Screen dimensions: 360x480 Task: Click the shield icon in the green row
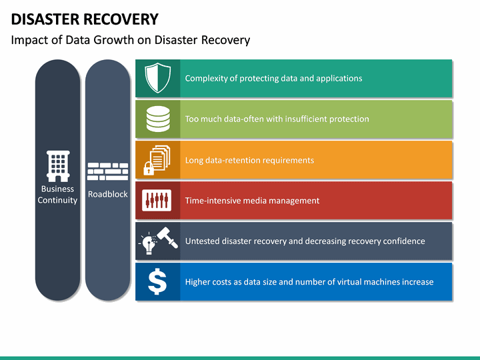[157, 79]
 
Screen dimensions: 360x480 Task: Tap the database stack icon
[157, 119]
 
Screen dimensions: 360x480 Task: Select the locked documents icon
[157, 160]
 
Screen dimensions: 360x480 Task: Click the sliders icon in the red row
[157, 201]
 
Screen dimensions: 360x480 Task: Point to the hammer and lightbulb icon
[157, 241]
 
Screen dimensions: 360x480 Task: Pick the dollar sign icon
[157, 282]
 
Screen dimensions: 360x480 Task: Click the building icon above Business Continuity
[57, 166]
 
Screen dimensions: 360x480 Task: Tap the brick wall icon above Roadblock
[108, 171]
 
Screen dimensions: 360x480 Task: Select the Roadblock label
[108, 195]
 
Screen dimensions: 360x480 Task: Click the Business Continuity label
[57, 195]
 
